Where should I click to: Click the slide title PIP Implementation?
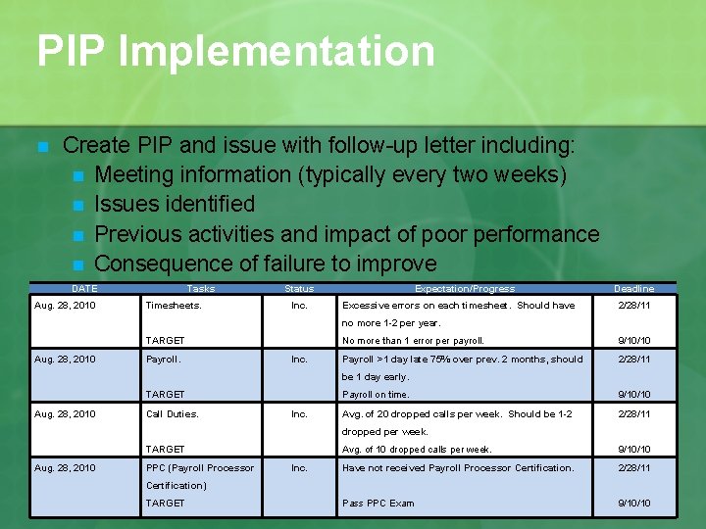[x=235, y=51]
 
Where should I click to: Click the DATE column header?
[x=84, y=289]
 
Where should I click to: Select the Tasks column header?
[x=201, y=289]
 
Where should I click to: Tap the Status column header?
[x=299, y=289]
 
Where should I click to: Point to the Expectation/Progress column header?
[x=464, y=289]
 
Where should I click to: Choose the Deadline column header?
[x=633, y=289]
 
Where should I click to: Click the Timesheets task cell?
[x=174, y=305]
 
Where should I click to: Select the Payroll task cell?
[x=164, y=360]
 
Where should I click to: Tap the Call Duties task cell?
[x=173, y=414]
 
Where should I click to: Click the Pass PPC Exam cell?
[x=378, y=504]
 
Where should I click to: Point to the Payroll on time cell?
[x=376, y=395]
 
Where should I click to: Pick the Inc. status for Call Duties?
[x=299, y=414]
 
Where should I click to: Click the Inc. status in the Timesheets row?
[x=299, y=305]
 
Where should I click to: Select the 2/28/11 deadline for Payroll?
[x=633, y=360]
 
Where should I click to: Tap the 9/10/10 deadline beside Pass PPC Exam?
[x=633, y=504]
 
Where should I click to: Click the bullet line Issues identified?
[x=175, y=204]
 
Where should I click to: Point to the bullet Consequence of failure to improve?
[x=265, y=264]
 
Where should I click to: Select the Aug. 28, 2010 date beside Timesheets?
[x=65, y=305]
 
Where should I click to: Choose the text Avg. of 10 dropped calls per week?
[x=417, y=450]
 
